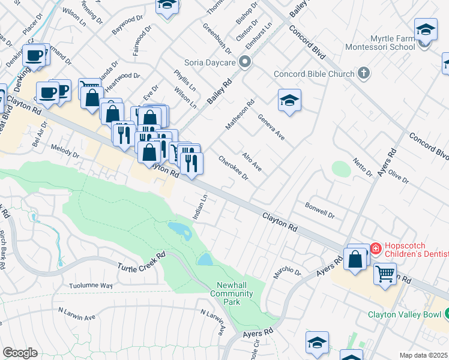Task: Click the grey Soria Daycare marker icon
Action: click(x=244, y=62)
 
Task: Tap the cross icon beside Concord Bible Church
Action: click(x=363, y=74)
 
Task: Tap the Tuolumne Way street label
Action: click(x=91, y=286)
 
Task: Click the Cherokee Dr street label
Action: click(x=234, y=169)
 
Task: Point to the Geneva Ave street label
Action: click(x=271, y=127)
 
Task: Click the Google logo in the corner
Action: click(x=20, y=353)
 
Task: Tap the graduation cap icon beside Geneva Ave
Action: click(x=289, y=101)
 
